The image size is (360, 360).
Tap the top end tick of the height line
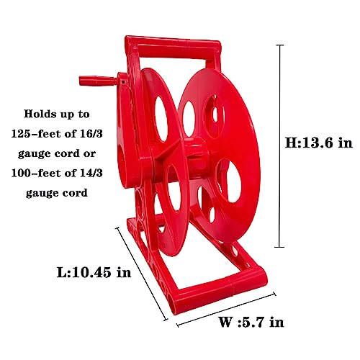pyautogui.click(x=280, y=45)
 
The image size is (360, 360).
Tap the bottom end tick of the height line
pyautogui.click(x=280, y=246)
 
